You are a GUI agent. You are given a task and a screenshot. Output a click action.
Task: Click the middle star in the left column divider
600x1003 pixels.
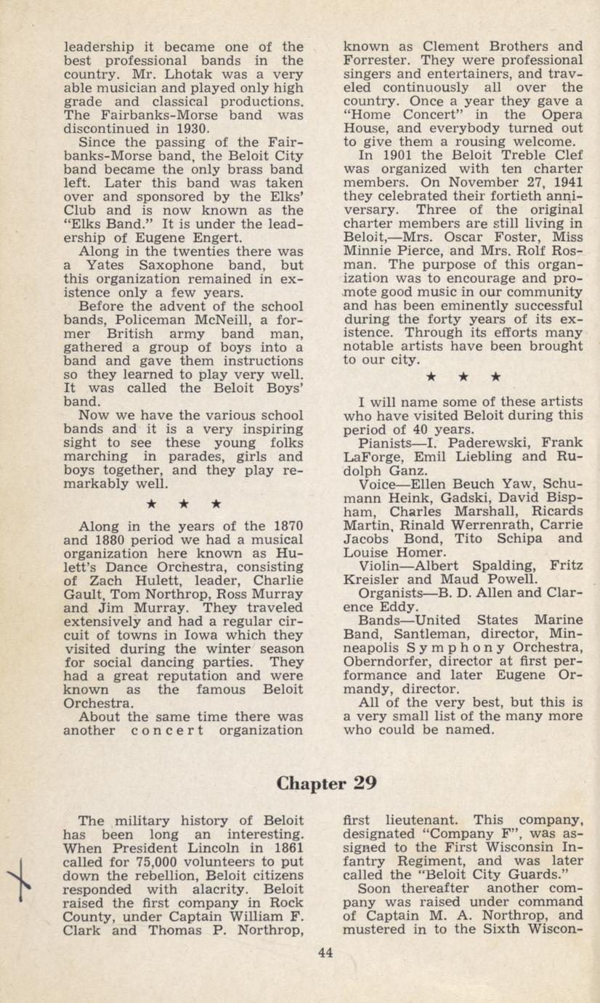[184, 503]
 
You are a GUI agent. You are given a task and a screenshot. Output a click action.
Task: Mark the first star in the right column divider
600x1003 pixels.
[431, 376]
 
